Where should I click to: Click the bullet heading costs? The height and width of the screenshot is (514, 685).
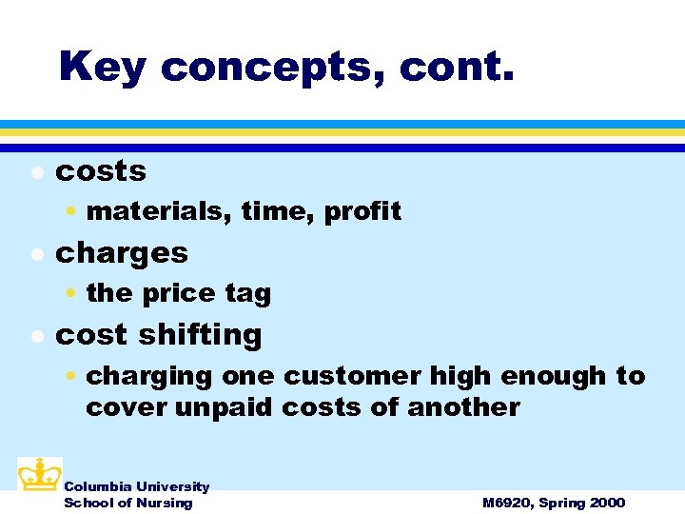tap(101, 171)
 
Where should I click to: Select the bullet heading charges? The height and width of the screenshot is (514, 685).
tap(122, 253)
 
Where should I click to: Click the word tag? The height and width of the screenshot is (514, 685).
tap(247, 293)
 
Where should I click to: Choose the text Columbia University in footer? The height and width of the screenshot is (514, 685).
tap(136, 486)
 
